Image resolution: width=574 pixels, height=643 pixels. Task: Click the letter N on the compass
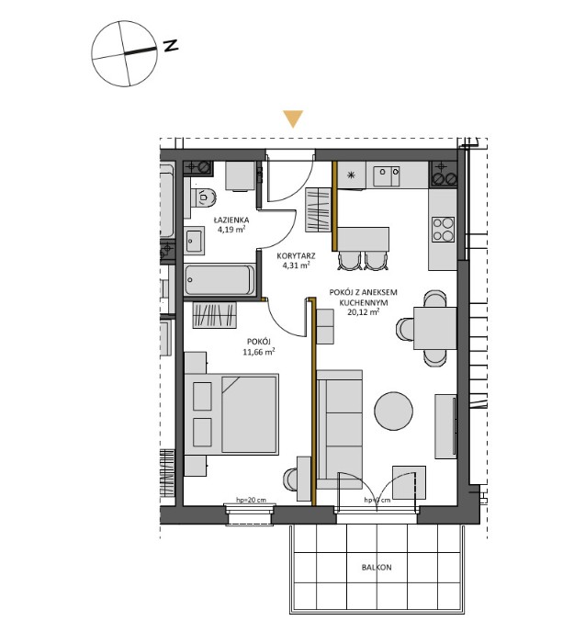tap(171, 46)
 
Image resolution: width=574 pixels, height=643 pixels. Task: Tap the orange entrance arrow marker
tap(292, 118)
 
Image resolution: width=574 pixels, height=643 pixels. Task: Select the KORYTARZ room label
tap(286, 254)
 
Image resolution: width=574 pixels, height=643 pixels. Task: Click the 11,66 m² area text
tap(258, 350)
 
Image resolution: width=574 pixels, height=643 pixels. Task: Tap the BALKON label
tap(376, 568)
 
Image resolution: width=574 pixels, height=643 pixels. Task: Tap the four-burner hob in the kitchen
tap(442, 228)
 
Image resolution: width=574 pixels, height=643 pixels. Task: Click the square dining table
tap(433, 328)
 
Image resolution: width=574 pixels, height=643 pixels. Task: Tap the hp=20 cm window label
tap(251, 500)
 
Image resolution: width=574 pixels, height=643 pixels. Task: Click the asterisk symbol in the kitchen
tap(350, 174)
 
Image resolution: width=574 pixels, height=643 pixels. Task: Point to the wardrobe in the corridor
tap(319, 209)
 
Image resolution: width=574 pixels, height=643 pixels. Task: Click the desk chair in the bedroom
tap(293, 480)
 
